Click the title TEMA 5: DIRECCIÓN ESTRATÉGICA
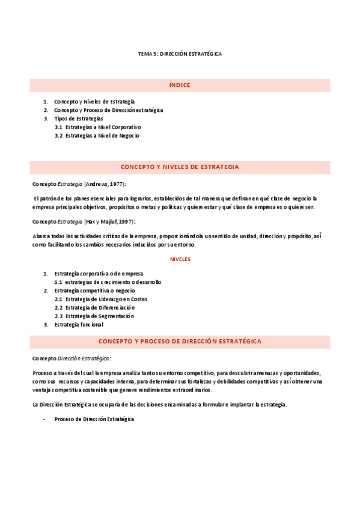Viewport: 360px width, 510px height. coord(180,54)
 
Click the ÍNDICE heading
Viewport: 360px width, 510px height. coord(180,85)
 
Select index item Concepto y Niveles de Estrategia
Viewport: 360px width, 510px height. coord(94,102)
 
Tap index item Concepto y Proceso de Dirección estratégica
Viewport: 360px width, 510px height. coord(108,111)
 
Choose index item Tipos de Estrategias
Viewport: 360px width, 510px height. coord(79,119)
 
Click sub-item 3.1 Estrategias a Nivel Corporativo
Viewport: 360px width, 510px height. coord(98,127)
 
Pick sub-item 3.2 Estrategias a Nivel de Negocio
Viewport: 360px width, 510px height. coord(97,136)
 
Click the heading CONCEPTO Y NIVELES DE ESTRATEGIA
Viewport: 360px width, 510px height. coord(180,167)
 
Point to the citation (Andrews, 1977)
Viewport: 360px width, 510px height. coord(105,183)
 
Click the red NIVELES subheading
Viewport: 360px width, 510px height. coord(180,259)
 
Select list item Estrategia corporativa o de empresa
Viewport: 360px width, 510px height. coord(99,274)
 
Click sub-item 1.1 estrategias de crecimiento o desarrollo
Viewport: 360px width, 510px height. coord(108,282)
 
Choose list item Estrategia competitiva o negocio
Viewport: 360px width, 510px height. coord(94,290)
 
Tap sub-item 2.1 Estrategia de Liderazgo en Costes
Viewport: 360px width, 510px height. coord(101,299)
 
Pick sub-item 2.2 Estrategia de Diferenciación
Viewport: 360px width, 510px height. coord(94,307)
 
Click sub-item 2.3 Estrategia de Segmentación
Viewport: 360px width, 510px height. coord(94,316)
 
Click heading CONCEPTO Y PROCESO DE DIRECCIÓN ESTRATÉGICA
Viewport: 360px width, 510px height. coord(180,341)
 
